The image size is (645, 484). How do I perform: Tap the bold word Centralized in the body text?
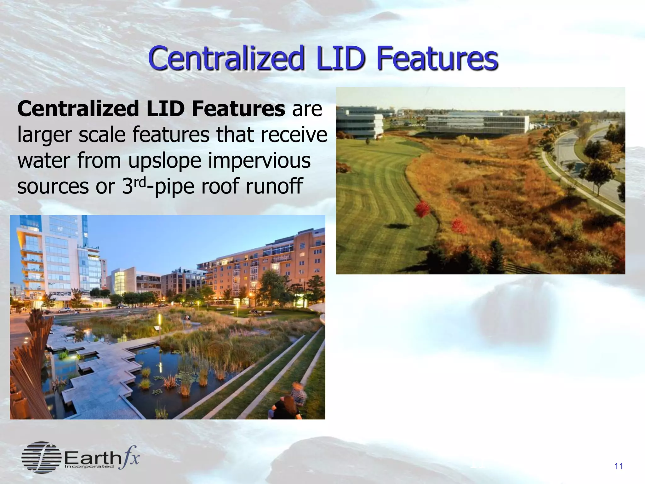(x=78, y=109)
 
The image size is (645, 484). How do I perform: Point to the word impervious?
(x=259, y=160)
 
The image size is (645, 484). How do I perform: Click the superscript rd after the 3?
(x=140, y=182)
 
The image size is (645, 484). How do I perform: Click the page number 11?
(x=619, y=466)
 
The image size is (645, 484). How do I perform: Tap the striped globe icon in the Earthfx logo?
(x=41, y=457)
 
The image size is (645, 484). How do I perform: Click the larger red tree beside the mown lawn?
(x=422, y=209)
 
